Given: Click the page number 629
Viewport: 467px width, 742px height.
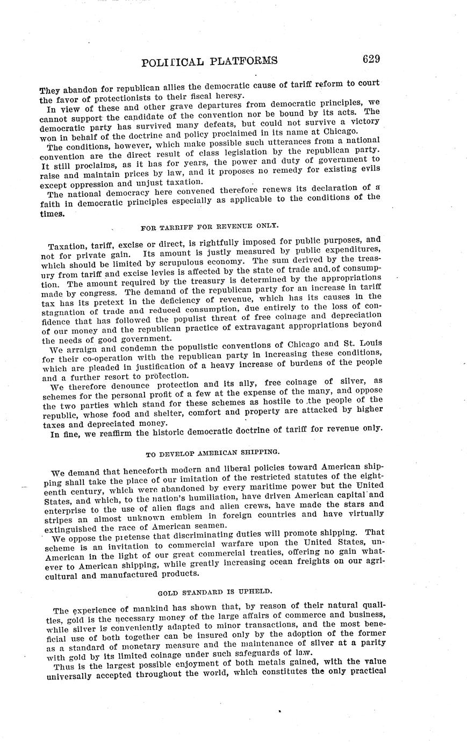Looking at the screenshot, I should pos(371,59).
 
